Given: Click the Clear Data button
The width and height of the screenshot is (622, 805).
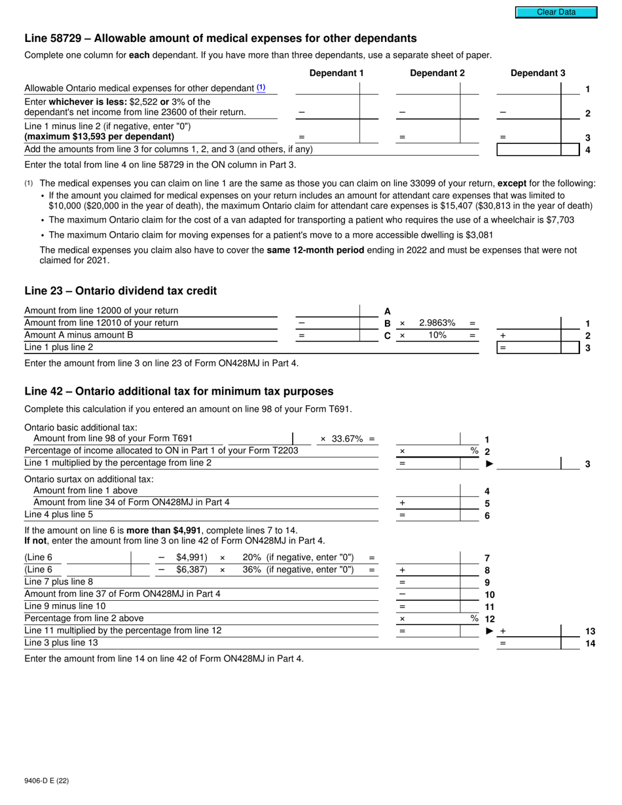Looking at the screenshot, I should click(x=556, y=12).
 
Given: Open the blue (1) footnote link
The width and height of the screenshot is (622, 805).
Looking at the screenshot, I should click(x=261, y=88).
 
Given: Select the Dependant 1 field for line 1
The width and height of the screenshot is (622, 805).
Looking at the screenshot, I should click(x=327, y=88).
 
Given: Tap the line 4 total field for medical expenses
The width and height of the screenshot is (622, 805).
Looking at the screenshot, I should click(x=529, y=150).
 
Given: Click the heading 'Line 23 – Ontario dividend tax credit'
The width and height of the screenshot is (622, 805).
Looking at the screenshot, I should click(x=120, y=291).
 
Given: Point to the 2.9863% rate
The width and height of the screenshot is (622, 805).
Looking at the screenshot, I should click(x=437, y=323).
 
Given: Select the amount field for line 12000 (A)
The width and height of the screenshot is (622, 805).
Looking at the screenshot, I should click(x=327, y=311).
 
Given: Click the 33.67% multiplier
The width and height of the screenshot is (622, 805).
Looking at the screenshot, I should click(x=347, y=438).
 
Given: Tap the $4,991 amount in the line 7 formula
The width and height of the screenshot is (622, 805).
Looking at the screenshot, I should click(x=191, y=558).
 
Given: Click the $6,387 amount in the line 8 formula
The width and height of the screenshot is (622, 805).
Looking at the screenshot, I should click(x=191, y=570).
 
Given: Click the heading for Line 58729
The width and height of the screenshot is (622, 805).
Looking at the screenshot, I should click(x=220, y=38).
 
